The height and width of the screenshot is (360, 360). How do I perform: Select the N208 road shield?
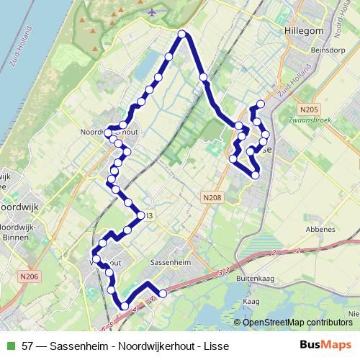(x=212, y=197)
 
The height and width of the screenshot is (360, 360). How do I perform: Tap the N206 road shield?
(x=30, y=276)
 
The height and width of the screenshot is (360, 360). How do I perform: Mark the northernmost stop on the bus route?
(x=182, y=34)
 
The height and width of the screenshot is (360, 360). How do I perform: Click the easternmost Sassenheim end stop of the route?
(x=163, y=293)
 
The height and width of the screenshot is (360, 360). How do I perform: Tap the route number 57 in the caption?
(x=27, y=346)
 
